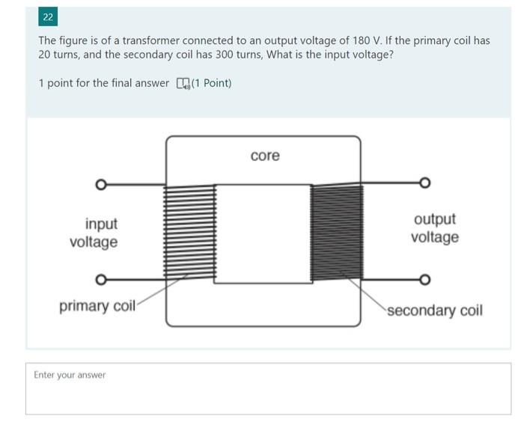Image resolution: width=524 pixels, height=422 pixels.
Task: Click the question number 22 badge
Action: (x=48, y=16)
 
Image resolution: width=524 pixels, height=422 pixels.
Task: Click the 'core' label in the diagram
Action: (x=265, y=156)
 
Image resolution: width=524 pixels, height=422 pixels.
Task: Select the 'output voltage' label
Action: (x=435, y=228)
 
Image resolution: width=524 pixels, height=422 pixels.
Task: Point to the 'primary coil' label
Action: (x=97, y=307)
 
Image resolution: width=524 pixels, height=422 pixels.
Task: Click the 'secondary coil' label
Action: (x=435, y=310)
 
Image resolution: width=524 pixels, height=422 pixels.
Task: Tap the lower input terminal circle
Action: (x=100, y=281)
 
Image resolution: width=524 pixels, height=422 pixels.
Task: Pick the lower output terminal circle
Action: (x=425, y=281)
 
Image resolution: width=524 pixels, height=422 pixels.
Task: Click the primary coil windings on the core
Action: (x=190, y=233)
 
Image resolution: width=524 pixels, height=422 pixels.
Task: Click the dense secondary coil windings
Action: (x=337, y=233)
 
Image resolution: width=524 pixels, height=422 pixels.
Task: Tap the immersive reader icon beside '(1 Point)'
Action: (x=182, y=83)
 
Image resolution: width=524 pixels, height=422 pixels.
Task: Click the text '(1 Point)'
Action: (x=211, y=83)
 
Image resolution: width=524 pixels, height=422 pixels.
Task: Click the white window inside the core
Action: (x=263, y=233)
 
